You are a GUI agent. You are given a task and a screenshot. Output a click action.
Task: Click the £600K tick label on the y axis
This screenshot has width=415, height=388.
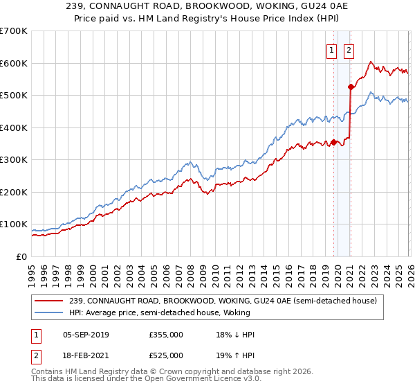pos(14,63)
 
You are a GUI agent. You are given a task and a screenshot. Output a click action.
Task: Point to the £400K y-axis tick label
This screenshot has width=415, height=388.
pos(14,127)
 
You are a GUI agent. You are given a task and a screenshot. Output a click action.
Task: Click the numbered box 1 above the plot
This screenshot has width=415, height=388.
pos(332,50)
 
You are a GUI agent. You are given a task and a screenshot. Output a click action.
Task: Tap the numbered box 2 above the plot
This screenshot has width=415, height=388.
pos(349,50)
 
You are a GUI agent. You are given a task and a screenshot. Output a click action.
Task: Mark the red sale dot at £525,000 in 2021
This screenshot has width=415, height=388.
pos(351,87)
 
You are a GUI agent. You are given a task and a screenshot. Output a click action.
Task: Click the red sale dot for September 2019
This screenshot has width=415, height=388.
pos(333,142)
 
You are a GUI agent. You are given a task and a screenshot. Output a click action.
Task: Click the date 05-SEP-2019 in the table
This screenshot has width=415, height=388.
pos(86,335)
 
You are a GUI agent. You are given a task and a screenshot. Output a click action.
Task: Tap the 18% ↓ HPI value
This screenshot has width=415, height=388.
pos(236,335)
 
